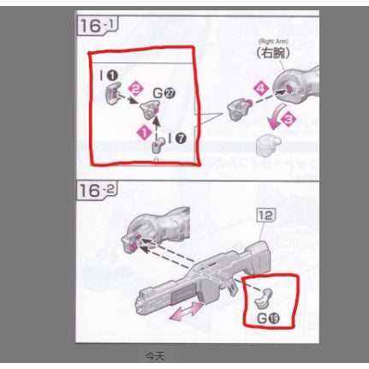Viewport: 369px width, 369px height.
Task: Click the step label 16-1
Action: (97, 26)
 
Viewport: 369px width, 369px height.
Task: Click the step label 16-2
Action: (97, 190)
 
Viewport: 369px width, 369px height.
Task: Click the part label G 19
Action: (269, 320)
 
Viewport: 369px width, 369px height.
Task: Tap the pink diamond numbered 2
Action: (134, 87)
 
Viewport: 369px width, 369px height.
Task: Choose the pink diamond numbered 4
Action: (260, 86)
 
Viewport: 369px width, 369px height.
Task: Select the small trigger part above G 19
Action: (266, 297)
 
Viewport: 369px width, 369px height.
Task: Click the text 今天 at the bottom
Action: (153, 355)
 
